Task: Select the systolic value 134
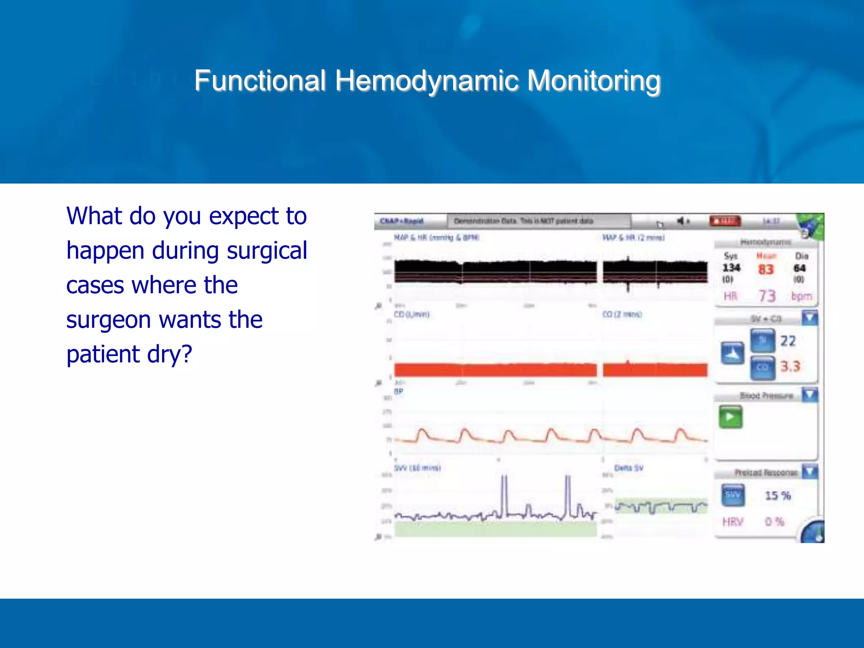731,268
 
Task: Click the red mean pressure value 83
766,269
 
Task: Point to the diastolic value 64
799,268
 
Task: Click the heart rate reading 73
767,296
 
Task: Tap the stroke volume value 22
788,341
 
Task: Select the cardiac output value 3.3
790,366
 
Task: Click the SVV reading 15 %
778,496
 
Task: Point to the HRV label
732,522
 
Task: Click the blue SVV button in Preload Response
733,495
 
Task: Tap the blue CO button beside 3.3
762,367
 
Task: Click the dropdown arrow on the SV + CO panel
810,318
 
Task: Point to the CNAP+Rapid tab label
401,221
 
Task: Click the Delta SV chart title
629,468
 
